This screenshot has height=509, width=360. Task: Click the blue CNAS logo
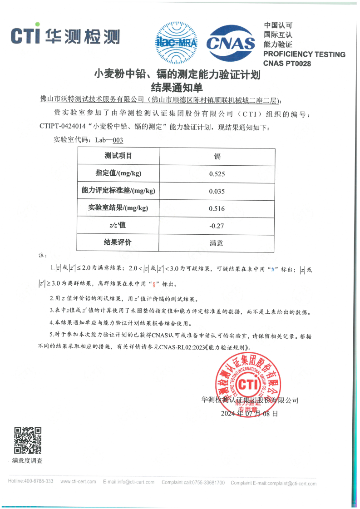pyautogui.click(x=231, y=43)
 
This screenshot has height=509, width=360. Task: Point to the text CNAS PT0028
pyautogui.click(x=287, y=64)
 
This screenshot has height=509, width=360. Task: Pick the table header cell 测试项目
pyautogui.click(x=118, y=156)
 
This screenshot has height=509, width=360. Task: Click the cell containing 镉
pyautogui.click(x=217, y=157)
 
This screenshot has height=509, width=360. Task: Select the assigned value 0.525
pyautogui.click(x=217, y=174)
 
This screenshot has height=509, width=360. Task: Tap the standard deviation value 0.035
pyautogui.click(x=217, y=191)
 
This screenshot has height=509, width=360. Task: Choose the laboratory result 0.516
pyautogui.click(x=217, y=208)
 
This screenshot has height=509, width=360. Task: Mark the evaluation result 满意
pyautogui.click(x=217, y=243)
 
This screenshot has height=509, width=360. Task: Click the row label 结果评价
pyautogui.click(x=118, y=242)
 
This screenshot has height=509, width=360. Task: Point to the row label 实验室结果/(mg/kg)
pyautogui.click(x=118, y=208)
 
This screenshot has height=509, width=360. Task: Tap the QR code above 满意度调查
pyautogui.click(x=28, y=440)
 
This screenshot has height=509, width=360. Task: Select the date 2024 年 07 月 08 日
pyautogui.click(x=249, y=414)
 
